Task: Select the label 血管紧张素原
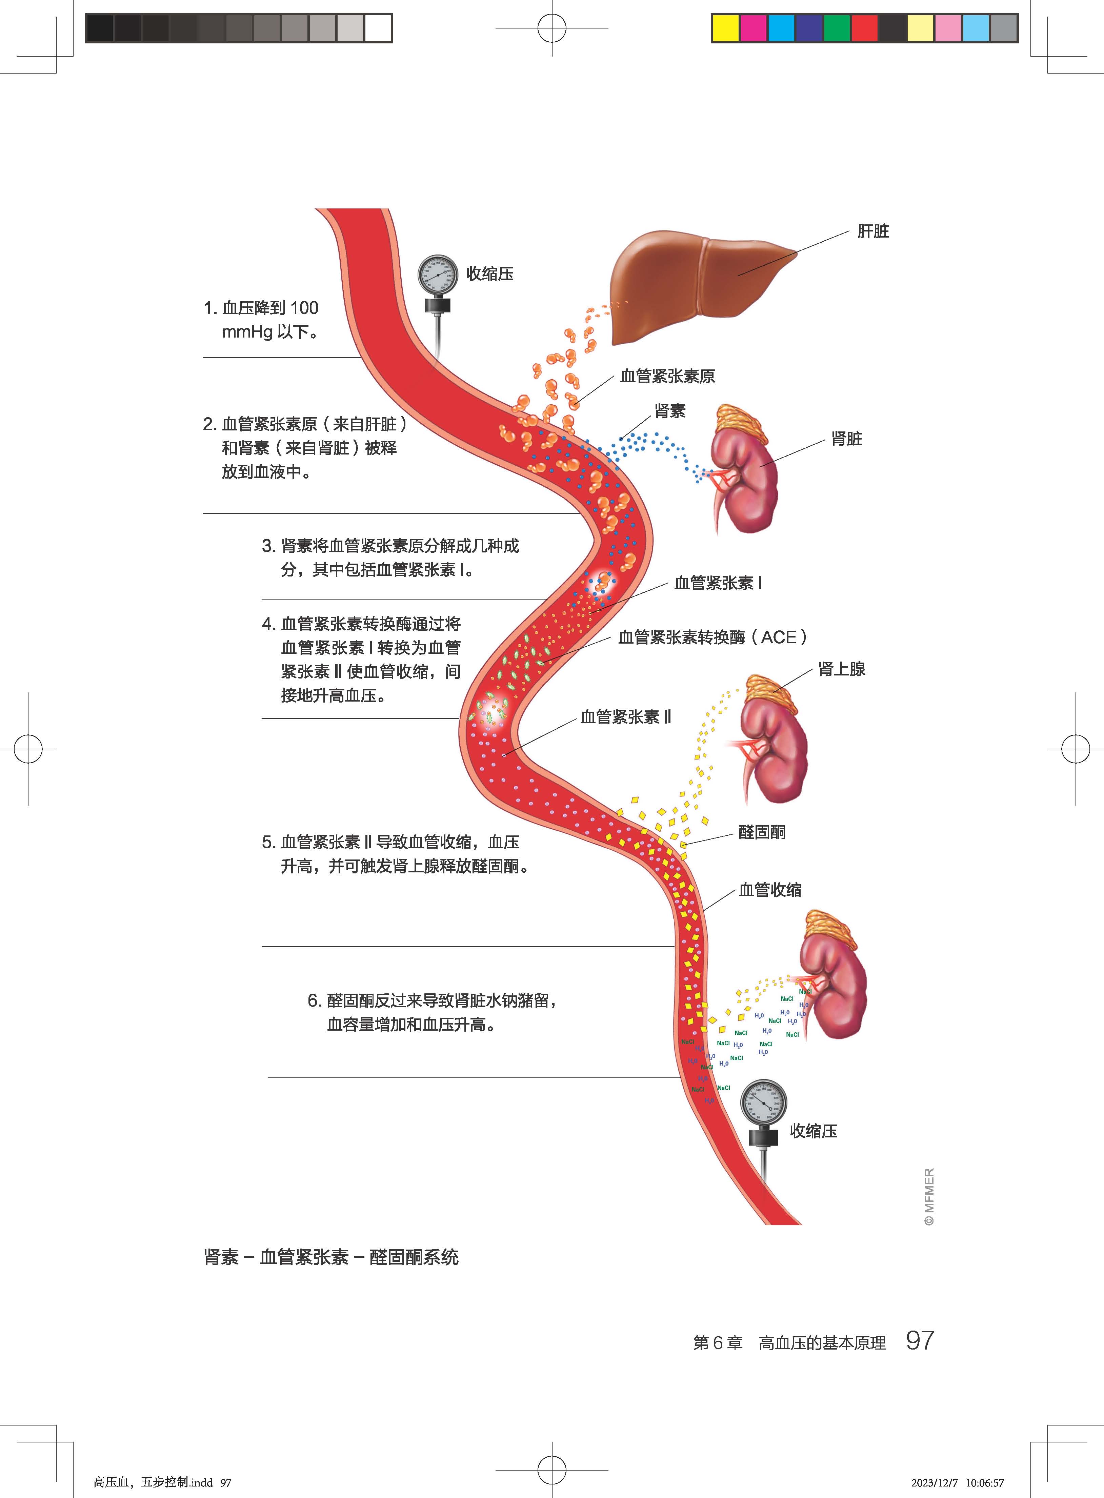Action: click(x=667, y=376)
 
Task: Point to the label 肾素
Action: click(x=669, y=411)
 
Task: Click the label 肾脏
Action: click(x=847, y=439)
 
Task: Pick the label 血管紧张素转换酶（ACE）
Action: click(x=712, y=637)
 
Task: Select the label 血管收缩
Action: click(x=770, y=890)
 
